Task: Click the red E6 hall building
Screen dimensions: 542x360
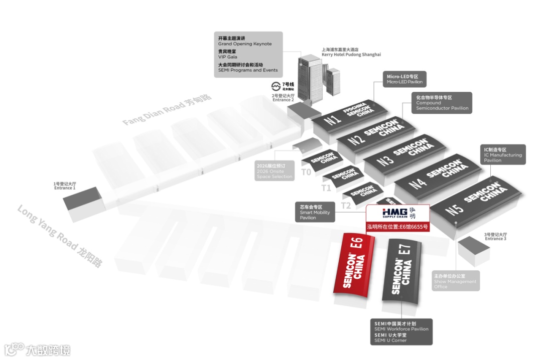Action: click(x=354, y=268)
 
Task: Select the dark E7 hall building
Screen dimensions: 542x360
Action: click(x=402, y=273)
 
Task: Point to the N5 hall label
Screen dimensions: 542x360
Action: click(x=454, y=209)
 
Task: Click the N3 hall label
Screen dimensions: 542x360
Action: click(x=385, y=161)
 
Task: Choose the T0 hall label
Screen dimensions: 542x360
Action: click(x=306, y=172)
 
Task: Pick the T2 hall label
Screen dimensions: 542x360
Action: click(x=346, y=205)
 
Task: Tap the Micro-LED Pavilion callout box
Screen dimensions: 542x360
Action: click(x=404, y=79)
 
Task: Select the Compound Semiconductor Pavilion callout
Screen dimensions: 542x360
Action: click(x=442, y=102)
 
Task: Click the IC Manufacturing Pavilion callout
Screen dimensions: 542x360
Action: click(x=503, y=154)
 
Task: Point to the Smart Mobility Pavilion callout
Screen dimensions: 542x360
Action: click(x=315, y=212)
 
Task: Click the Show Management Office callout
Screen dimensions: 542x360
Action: click(x=455, y=281)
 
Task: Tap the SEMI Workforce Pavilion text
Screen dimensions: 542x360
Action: click(x=401, y=329)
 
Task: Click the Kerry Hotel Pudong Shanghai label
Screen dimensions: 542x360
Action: click(x=351, y=52)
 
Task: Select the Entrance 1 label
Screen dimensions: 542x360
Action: click(x=65, y=186)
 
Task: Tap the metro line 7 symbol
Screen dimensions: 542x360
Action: click(x=276, y=86)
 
